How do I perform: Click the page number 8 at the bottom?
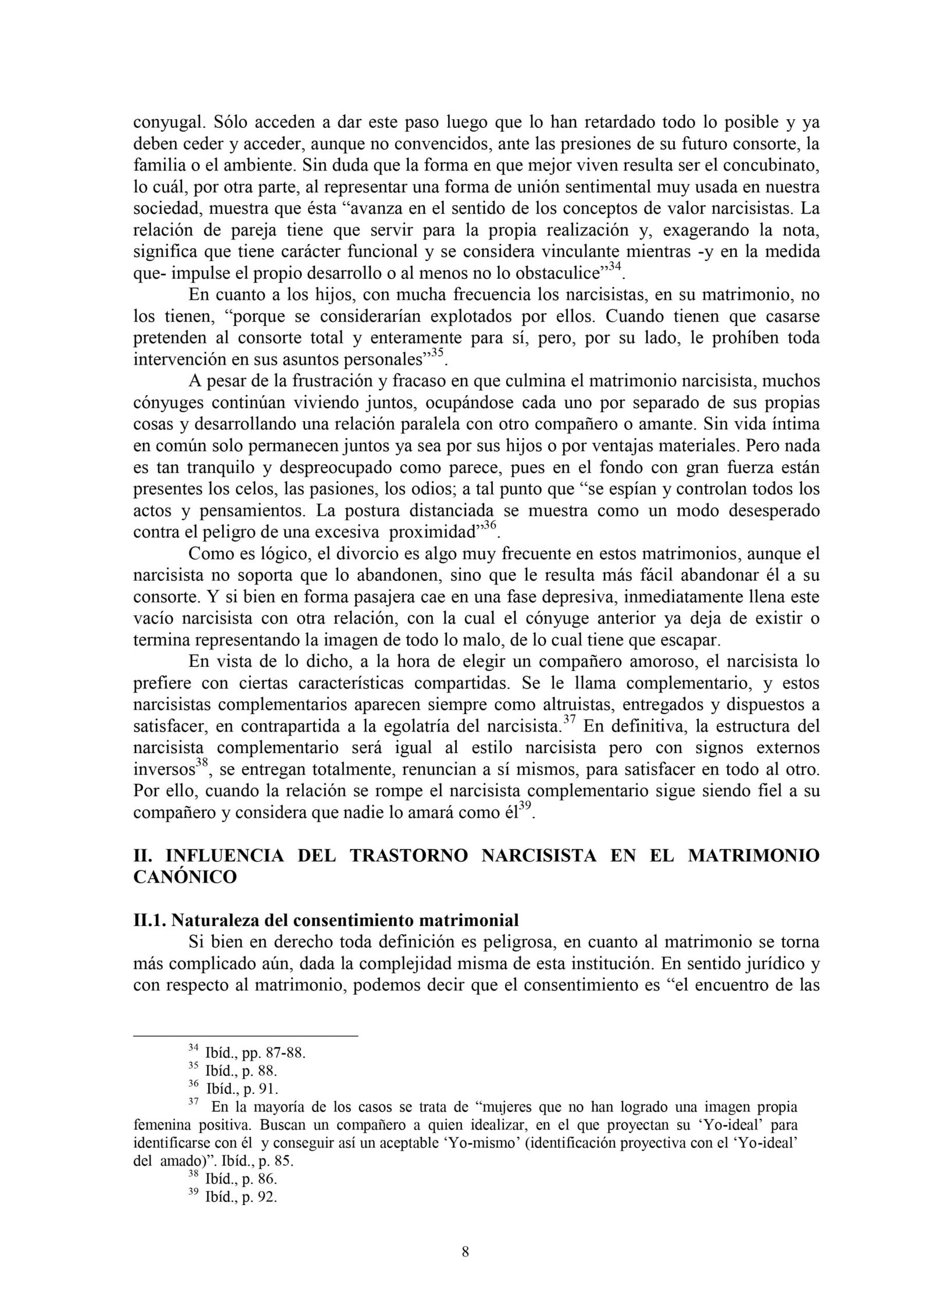coord(465,1264)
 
